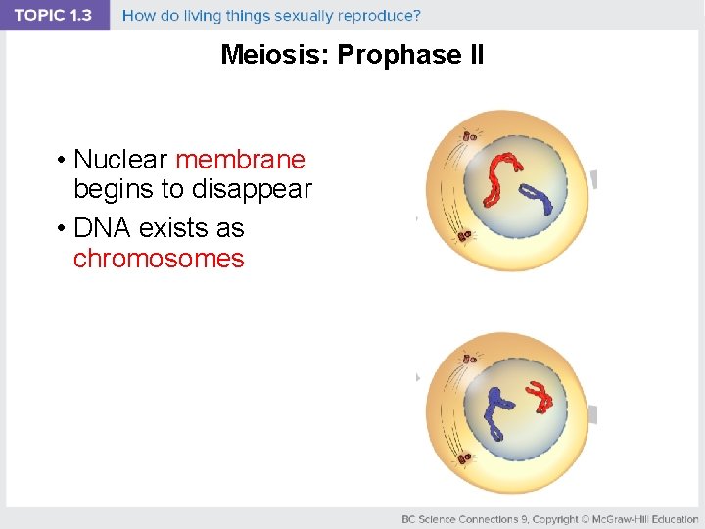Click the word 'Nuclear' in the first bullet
pyautogui.click(x=121, y=159)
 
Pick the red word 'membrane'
pyautogui.click(x=240, y=159)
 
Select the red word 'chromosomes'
pyautogui.click(x=159, y=259)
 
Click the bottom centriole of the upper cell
pyautogui.click(x=463, y=236)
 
